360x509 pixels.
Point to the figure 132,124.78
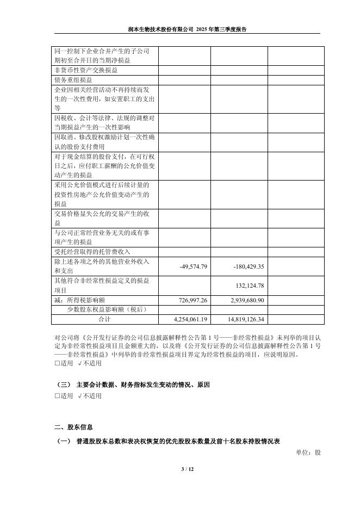(248, 286)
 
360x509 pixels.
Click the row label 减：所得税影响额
(79, 300)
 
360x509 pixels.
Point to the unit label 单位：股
(308, 452)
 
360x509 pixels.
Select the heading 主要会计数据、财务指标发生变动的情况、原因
(143, 384)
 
